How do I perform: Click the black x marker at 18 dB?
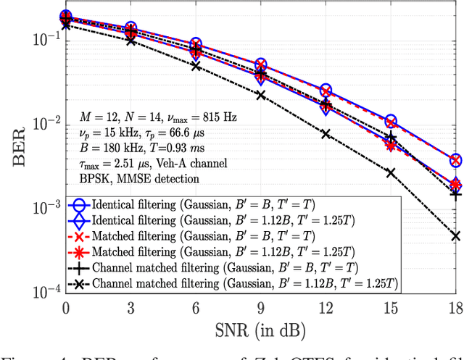[x=455, y=235]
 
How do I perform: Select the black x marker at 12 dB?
[x=326, y=134]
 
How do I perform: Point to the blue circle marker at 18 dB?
[x=455, y=160]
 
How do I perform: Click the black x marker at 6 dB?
[x=196, y=66]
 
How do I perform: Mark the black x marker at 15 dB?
[x=391, y=172]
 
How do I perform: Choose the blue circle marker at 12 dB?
[x=326, y=91]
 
